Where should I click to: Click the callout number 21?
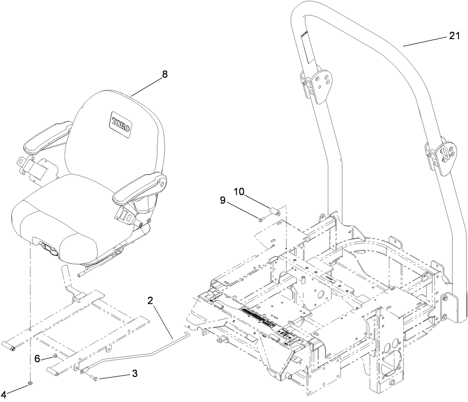[x=455, y=37]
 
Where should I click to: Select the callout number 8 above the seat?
[x=164, y=75]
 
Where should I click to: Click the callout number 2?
[x=150, y=301]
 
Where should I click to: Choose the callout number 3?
[x=135, y=373]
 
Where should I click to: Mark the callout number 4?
[x=4, y=394]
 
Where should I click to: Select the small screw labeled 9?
[x=261, y=219]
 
